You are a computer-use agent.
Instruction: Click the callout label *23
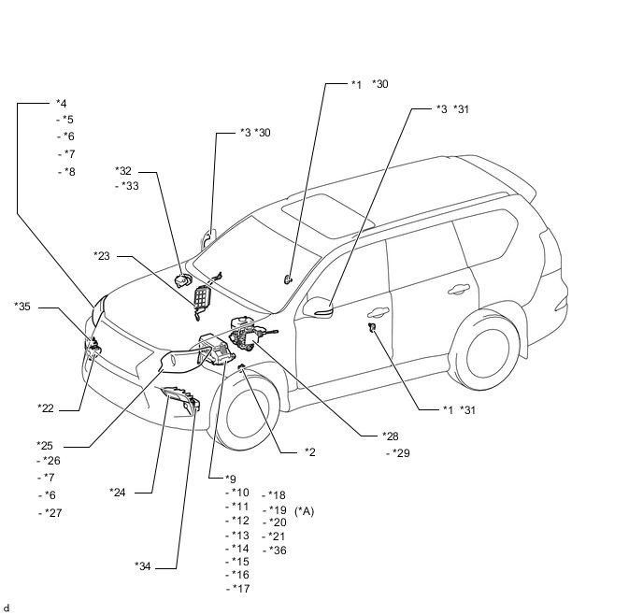102,255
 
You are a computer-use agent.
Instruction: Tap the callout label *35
22,306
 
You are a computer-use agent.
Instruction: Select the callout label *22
45,408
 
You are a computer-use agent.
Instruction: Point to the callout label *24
117,492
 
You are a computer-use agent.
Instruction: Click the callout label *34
142,565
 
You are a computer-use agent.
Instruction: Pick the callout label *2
309,452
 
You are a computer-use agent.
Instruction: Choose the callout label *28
390,436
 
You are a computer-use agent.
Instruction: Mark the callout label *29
401,453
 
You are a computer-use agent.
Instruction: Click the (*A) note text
305,510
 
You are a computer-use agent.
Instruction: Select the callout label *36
277,550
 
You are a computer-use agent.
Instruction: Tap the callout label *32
123,170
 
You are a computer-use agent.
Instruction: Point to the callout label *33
129,186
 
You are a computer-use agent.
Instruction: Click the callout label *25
45,444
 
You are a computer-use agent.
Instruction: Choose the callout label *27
53,512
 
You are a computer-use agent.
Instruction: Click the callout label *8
68,171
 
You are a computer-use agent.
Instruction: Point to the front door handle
380,314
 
